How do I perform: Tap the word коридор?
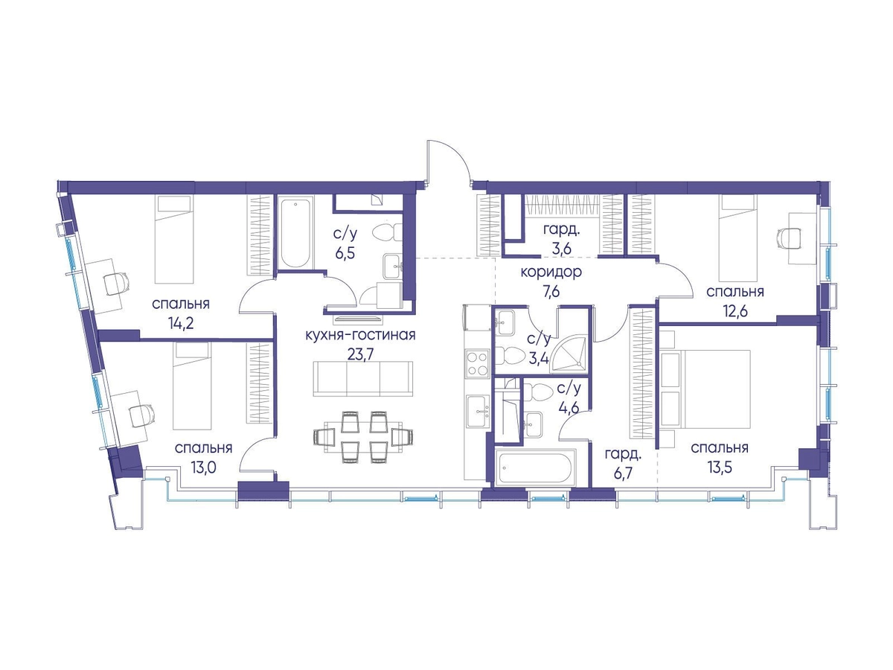tap(551, 272)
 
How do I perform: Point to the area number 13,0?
tap(203, 468)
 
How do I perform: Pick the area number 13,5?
tap(720, 468)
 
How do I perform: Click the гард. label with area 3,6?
tap(561, 230)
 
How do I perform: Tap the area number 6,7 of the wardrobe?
tap(623, 474)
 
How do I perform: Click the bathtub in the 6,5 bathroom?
tap(295, 232)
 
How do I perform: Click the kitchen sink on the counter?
tap(478, 411)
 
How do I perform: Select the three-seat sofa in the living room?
tap(363, 378)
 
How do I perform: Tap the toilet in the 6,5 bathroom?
tap(387, 233)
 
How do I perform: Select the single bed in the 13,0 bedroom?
tap(192, 385)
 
